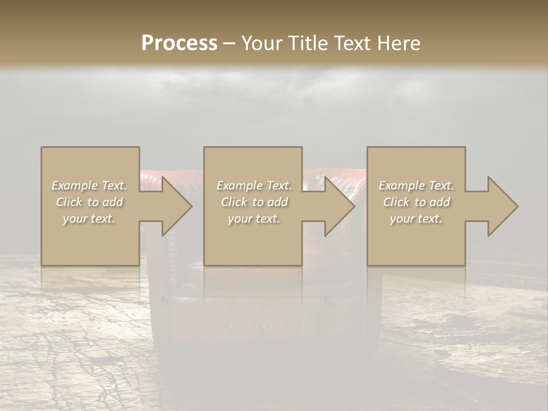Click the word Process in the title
coord(179,43)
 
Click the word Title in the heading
coord(307,43)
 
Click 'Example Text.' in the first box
coord(89,186)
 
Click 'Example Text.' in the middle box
coord(253,186)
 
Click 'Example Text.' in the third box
coord(416,186)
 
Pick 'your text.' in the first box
coord(89,219)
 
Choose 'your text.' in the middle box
coord(253,219)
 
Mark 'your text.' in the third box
coord(416,219)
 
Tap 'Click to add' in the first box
coord(89,202)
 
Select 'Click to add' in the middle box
coord(253,202)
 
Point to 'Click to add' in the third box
coord(416,202)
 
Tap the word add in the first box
coord(112,202)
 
